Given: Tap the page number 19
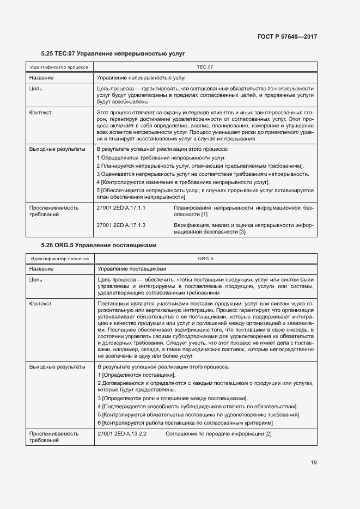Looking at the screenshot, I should tap(314, 463).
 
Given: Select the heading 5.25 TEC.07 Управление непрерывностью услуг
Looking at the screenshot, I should tap(113, 54).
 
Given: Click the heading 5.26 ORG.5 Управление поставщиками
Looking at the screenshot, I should tap(99, 245).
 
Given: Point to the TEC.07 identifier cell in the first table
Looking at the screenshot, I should tap(204, 67).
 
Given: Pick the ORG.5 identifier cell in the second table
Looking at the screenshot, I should tap(204, 259).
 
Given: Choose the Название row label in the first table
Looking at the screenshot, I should tap(41, 78).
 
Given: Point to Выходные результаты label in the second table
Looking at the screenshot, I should tap(57, 367).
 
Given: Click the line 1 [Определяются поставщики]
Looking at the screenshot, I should tap(136, 375).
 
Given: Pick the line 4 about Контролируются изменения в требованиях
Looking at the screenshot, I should tap(183, 182).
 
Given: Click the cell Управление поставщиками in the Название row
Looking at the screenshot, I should tap(131, 269).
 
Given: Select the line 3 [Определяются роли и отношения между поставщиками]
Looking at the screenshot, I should tap(172, 398).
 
